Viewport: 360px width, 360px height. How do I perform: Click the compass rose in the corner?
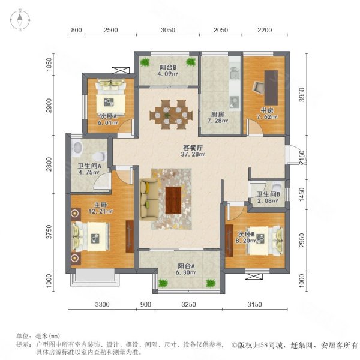point(20,20)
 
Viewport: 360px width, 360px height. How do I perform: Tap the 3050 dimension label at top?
point(168,30)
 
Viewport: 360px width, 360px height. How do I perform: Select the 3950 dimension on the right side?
point(302,94)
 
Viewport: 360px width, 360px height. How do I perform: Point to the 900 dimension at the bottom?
point(146,304)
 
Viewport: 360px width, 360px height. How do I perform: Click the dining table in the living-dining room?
point(171,115)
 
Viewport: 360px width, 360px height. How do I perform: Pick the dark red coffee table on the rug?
point(173,200)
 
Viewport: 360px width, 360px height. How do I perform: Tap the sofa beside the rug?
point(149,199)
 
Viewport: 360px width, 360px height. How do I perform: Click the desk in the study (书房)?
point(271,88)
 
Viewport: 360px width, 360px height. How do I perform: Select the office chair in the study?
point(259,88)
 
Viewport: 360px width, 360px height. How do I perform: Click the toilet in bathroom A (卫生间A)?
point(100,157)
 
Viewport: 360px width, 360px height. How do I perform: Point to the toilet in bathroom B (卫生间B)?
point(277,185)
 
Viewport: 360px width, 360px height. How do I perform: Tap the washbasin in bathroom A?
point(78,148)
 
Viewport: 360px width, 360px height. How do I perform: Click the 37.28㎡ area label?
point(193,154)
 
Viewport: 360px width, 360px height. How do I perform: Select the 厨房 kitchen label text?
point(217,114)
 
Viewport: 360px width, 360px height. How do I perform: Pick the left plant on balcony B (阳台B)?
point(145,62)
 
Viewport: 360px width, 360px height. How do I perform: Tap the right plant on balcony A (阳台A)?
point(211,283)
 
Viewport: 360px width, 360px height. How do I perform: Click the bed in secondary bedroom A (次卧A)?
point(111,98)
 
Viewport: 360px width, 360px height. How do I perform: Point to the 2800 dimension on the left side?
point(49,164)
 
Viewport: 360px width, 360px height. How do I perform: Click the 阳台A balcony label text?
point(186,266)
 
